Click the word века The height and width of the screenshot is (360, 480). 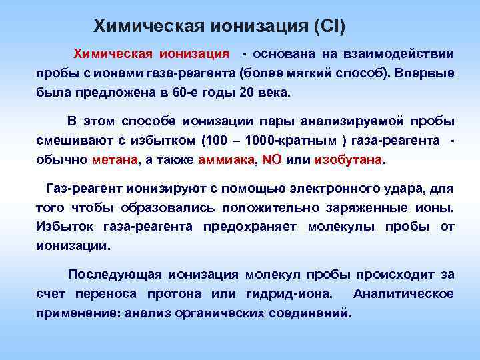click(x=274, y=92)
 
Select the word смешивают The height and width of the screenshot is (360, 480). click(x=68, y=141)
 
